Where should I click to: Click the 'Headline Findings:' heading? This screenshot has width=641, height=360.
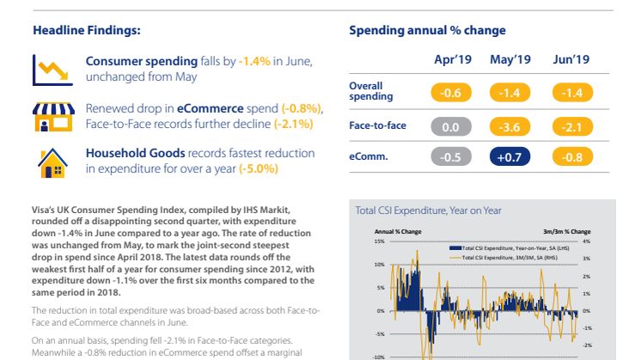pyautogui.click(x=87, y=30)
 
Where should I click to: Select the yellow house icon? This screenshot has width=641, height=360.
pyautogui.click(x=47, y=160)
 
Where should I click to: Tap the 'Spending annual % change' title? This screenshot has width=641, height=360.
pyautogui.click(x=427, y=30)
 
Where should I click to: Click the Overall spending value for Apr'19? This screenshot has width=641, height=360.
pyautogui.click(x=452, y=92)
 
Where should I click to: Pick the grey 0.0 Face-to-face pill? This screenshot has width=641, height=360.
pyautogui.click(x=452, y=126)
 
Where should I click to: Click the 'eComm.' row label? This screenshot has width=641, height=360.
pyautogui.click(x=368, y=157)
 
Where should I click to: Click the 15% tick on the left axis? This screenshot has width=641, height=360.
pyautogui.click(x=380, y=241)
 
